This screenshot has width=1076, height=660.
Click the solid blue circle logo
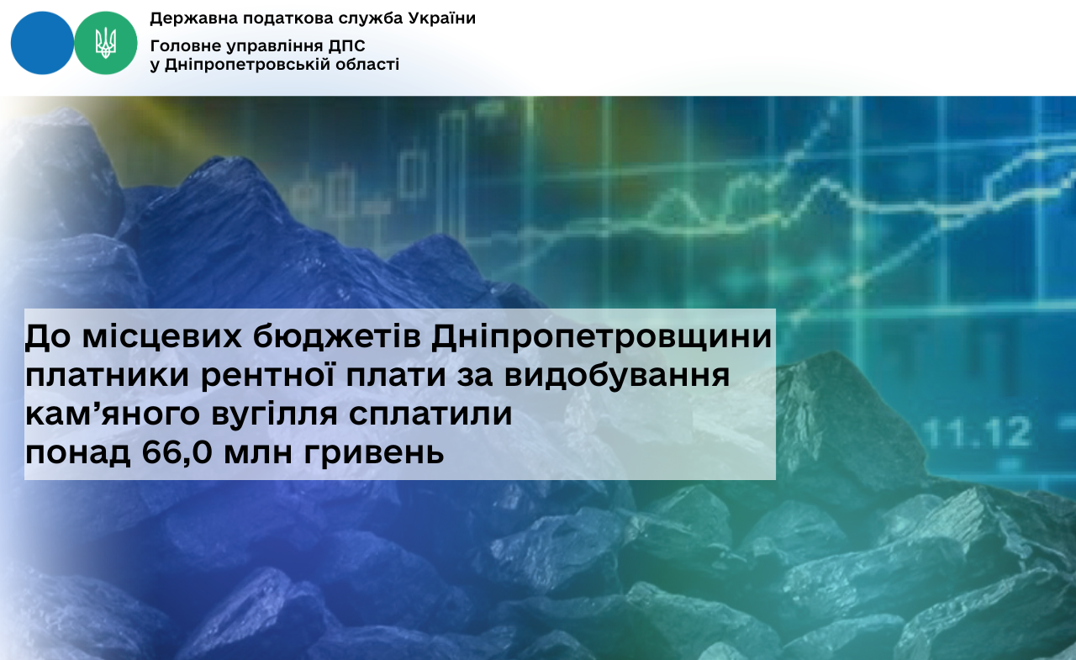pyautogui.click(x=42, y=43)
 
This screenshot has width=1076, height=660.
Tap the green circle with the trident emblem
pyautogui.click(x=106, y=43)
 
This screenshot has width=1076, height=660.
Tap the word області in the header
pyautogui.click(x=367, y=65)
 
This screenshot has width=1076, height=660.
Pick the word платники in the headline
pyautogui.click(x=107, y=376)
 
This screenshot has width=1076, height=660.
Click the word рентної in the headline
pyautogui.click(x=267, y=375)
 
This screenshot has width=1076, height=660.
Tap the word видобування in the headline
pyautogui.click(x=617, y=376)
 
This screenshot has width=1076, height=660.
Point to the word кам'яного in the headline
pyautogui.click(x=113, y=414)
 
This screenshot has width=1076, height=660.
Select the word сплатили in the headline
pyautogui.click(x=430, y=414)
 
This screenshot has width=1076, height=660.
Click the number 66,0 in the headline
pyautogui.click(x=177, y=452)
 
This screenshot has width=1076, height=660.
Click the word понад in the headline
pyautogui.click(x=78, y=452)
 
